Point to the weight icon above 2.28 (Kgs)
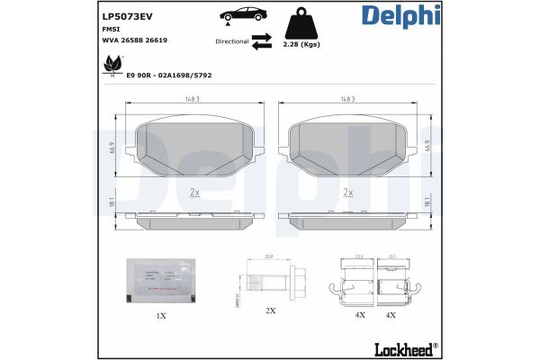click(301, 22)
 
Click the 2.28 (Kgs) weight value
click(301, 43)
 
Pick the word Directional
click(232, 41)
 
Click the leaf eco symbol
click(112, 64)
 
